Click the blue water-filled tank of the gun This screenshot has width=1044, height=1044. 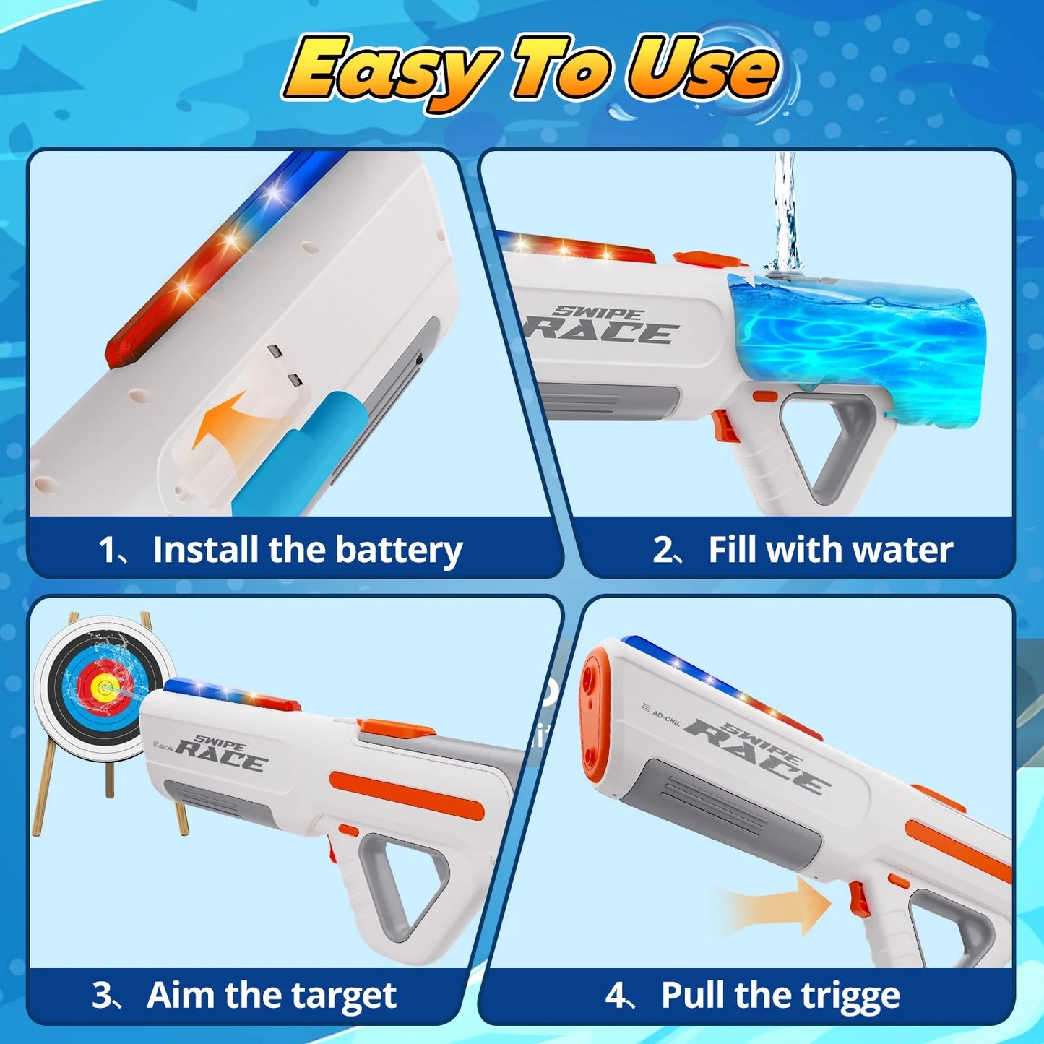[x=853, y=347]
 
